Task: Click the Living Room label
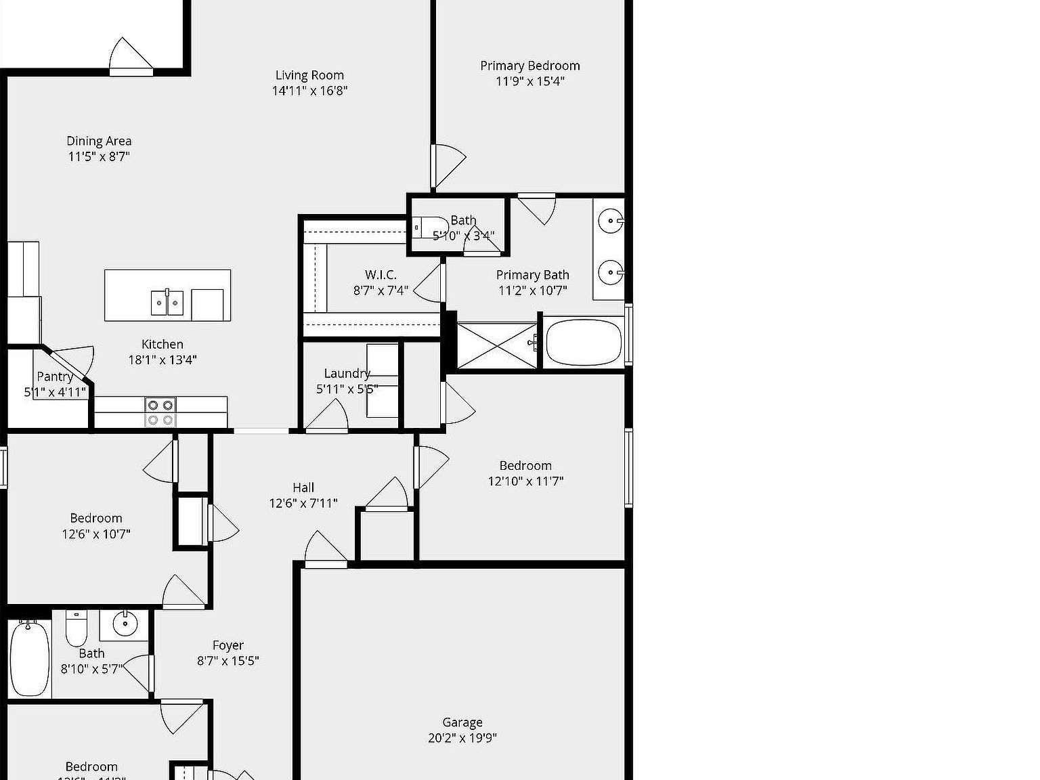pos(309,75)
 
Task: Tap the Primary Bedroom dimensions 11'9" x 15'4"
pos(530,81)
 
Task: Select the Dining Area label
pos(99,141)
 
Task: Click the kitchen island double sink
pos(167,302)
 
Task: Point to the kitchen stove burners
pos(160,412)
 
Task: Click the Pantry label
pos(55,376)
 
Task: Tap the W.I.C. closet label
pos(381,274)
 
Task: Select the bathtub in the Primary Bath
pos(583,343)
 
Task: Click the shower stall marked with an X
pos(497,346)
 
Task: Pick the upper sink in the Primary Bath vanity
pos(611,221)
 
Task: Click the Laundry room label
pos(347,373)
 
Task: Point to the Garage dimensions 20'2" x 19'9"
pos(462,738)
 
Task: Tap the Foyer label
pos(227,645)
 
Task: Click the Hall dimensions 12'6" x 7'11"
pos(303,503)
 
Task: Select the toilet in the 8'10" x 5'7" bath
pos(76,630)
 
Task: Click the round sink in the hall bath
pos(125,624)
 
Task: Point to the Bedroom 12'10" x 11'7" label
pos(525,465)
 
